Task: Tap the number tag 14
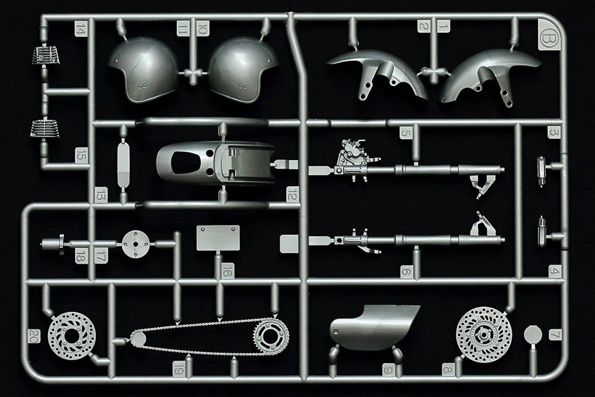80,28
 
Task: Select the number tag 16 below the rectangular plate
228,270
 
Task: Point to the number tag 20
34,335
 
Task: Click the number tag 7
555,334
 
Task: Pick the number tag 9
388,370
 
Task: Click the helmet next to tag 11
144,69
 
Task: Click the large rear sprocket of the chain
271,336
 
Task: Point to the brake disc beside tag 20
72,335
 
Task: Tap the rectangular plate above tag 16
218,238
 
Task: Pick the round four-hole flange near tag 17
136,244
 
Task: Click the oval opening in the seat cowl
186,163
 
